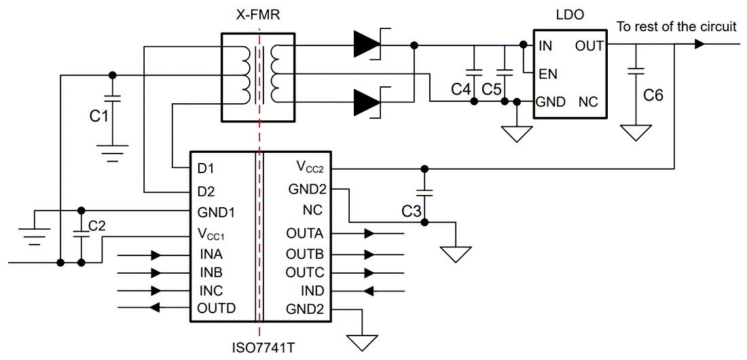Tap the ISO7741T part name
pyautogui.click(x=261, y=347)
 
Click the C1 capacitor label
pyautogui.click(x=99, y=116)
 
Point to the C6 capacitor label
pyautogui.click(x=653, y=95)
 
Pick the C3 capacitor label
pyautogui.click(x=412, y=212)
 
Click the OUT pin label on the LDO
pyautogui.click(x=588, y=46)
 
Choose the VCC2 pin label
pyautogui.click(x=310, y=166)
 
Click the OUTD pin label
pyautogui.click(x=216, y=308)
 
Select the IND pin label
pyautogui.click(x=312, y=291)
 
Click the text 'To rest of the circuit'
pyautogui.click(x=676, y=27)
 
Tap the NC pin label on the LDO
pyautogui.click(x=588, y=102)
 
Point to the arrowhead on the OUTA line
pyautogui.click(x=369, y=233)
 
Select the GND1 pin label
pyautogui.click(x=216, y=212)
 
